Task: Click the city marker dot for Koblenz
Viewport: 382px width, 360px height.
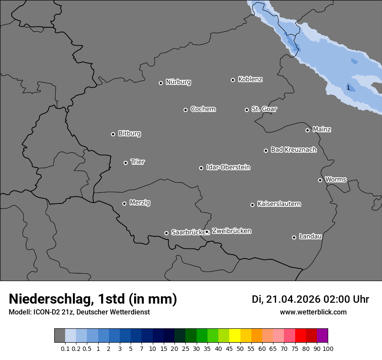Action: [233, 80]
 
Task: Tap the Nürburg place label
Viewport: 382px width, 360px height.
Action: [178, 82]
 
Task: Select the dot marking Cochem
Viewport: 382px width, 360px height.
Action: [185, 110]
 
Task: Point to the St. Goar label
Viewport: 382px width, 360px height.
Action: [264, 109]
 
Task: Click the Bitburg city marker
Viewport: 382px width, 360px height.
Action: [113, 134]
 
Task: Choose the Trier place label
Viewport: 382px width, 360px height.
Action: [138, 162]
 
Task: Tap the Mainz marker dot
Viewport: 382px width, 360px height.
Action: [307, 130]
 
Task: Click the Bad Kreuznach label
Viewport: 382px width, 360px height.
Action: [293, 150]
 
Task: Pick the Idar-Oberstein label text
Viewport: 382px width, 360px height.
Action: [228, 167]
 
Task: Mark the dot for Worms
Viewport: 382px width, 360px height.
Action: [320, 180]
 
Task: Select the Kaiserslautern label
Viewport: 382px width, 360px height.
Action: [279, 204]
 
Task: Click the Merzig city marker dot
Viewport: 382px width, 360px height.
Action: [124, 203]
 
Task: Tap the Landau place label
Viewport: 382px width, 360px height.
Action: [310, 236]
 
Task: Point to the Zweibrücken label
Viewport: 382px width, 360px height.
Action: [231, 231]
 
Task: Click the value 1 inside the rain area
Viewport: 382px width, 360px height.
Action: [348, 88]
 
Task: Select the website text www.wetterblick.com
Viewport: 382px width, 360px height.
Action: [313, 312]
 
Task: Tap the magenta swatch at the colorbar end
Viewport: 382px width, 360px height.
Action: [323, 336]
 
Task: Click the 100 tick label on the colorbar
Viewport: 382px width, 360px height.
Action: [328, 349]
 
